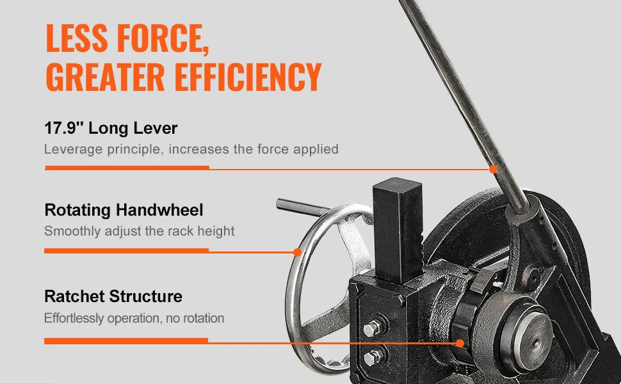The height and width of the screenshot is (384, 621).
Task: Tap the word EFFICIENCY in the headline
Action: [248, 76]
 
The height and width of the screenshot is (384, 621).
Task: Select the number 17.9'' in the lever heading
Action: [63, 128]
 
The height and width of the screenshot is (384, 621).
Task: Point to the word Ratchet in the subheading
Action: [74, 296]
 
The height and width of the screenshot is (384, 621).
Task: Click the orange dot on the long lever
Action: [493, 170]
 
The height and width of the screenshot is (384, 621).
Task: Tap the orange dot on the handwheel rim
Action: [297, 252]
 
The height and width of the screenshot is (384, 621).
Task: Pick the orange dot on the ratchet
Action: [460, 343]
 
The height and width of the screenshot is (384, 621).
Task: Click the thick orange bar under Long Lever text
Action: [127, 168]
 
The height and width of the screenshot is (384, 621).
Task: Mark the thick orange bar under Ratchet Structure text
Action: [126, 341]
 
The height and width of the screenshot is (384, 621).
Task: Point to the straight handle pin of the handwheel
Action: [303, 207]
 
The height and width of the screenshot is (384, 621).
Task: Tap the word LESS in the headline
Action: [76, 38]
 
